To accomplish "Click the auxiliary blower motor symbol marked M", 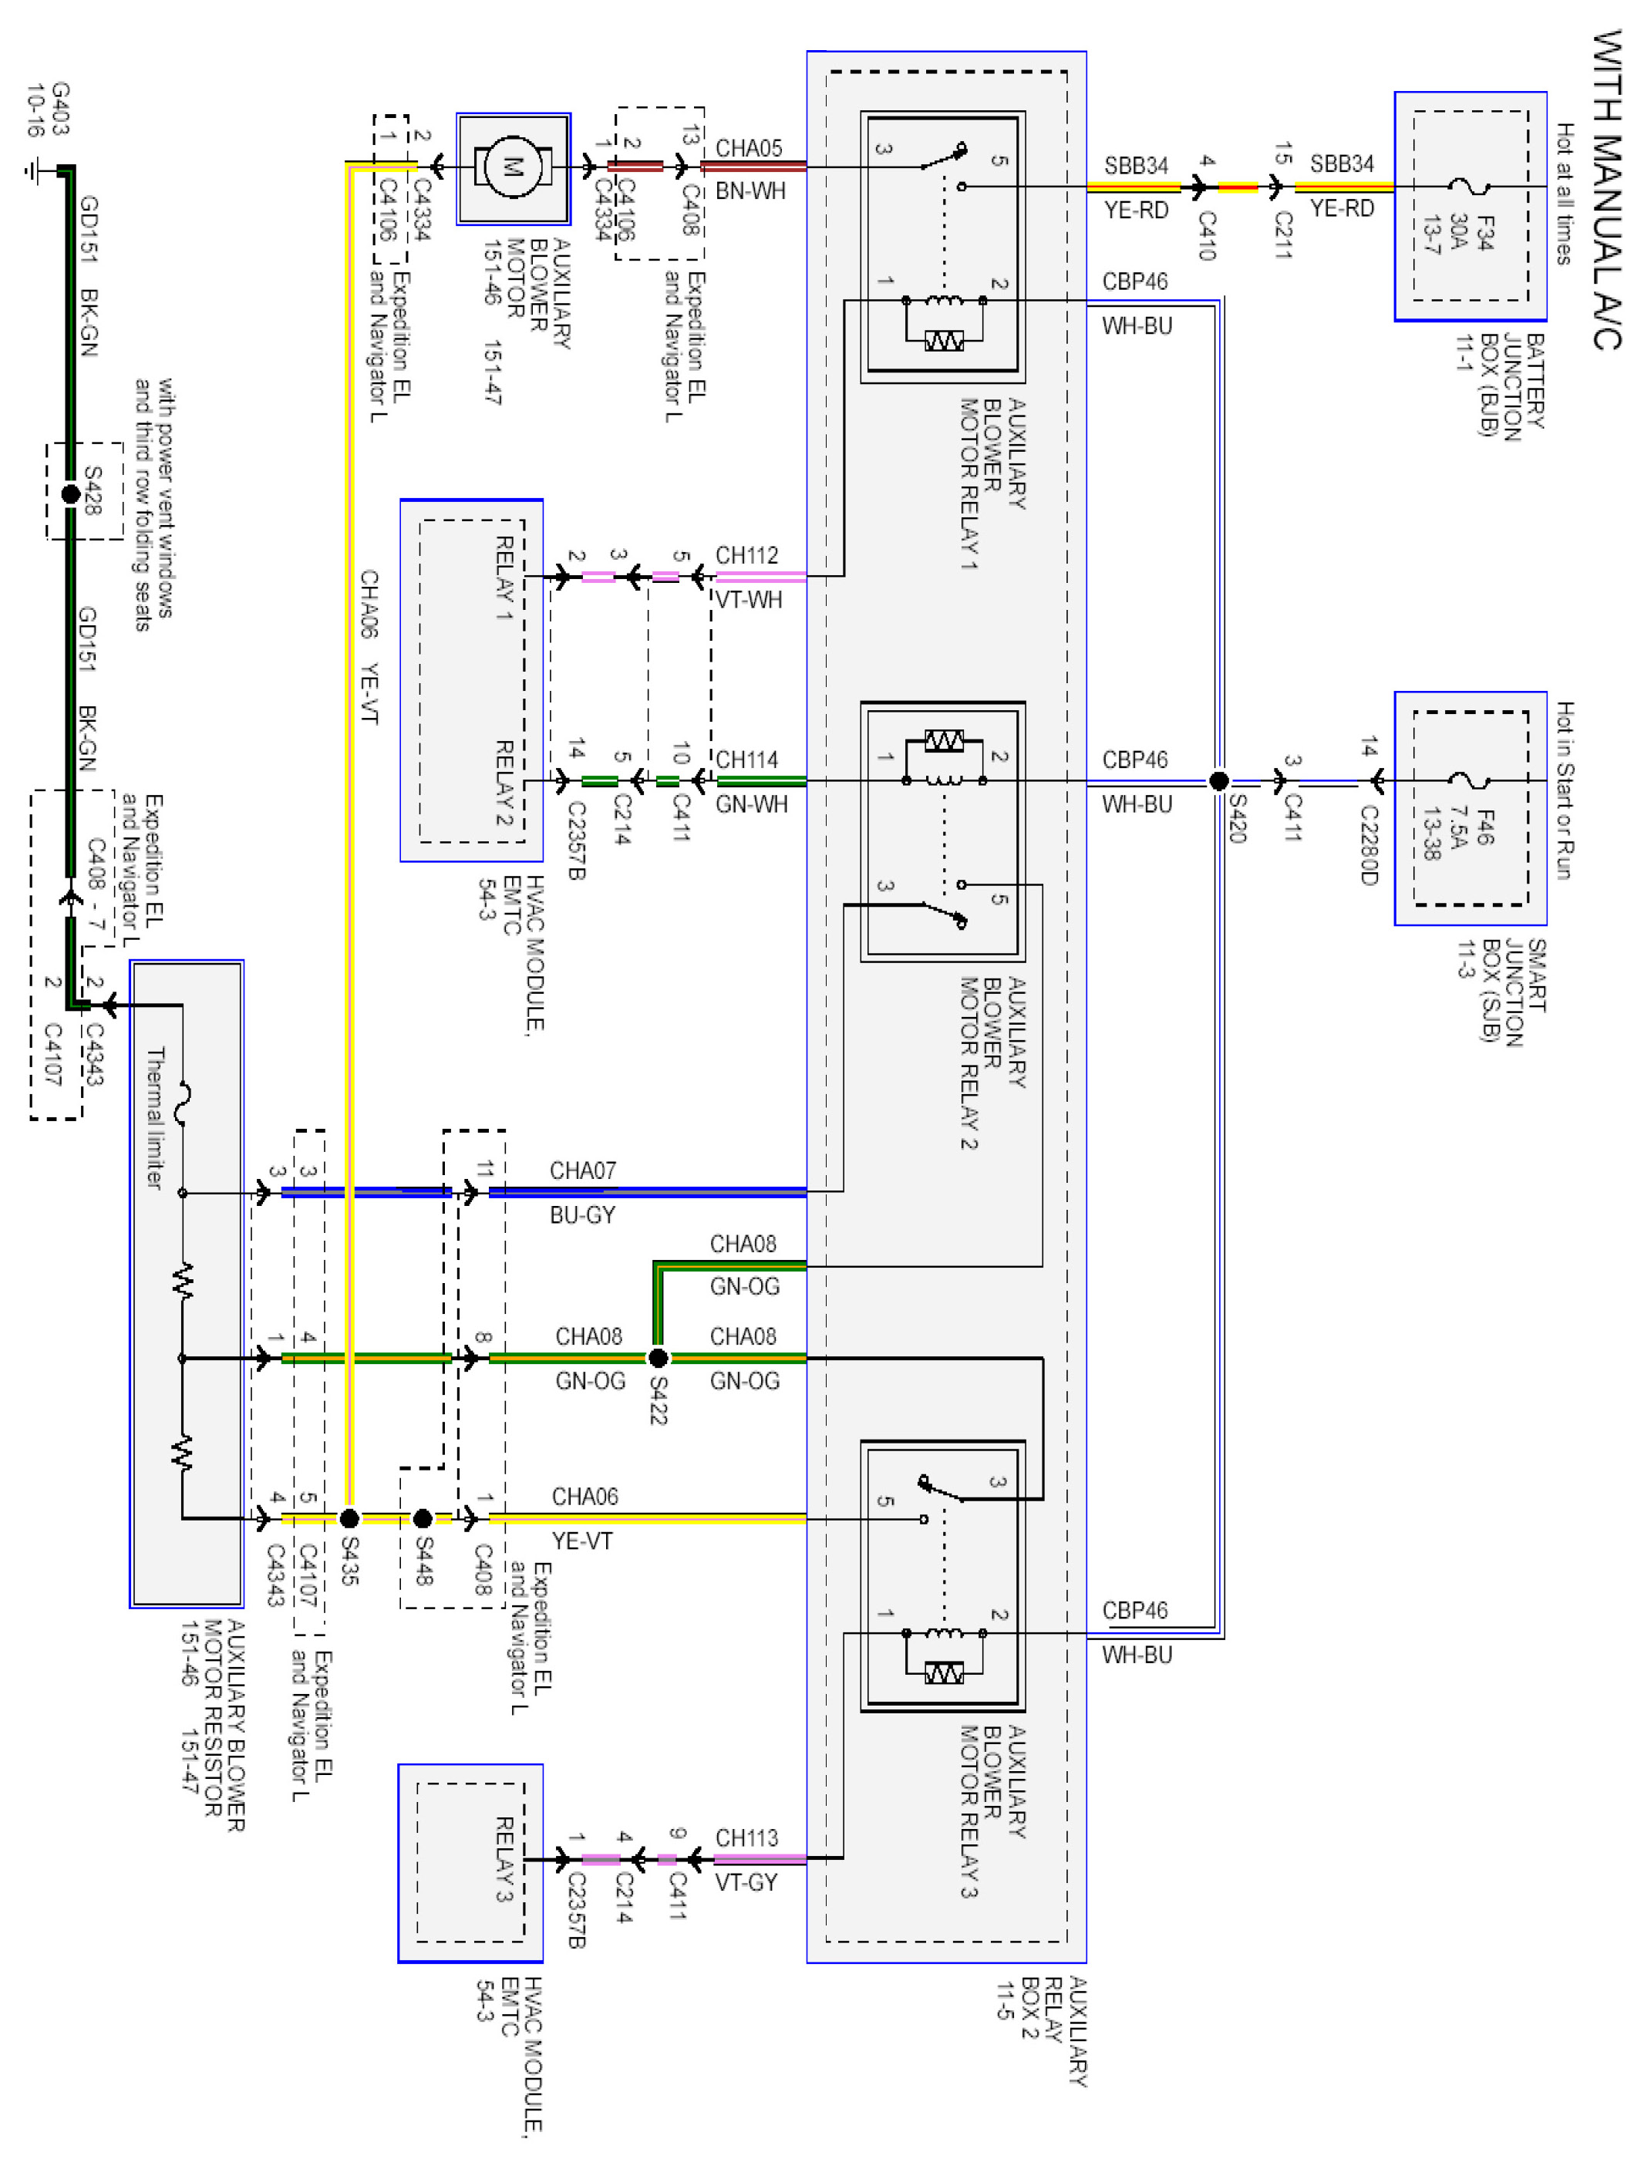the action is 513,167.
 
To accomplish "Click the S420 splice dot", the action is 1218,780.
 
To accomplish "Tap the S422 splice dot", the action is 659,1358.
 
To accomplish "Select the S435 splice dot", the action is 349,1518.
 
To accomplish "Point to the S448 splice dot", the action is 423,1518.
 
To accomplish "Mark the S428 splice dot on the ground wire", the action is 70,494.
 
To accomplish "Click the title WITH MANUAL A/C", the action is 1607,189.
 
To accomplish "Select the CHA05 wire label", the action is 749,148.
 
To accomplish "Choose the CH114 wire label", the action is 746,760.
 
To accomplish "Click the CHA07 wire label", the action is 583,1170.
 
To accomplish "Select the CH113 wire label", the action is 746,1837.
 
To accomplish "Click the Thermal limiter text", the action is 156,1117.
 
